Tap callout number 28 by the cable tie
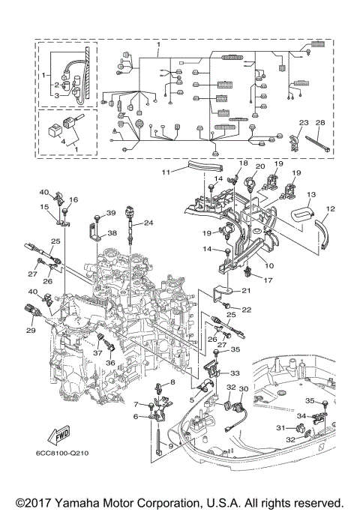tap(319, 122)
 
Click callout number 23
tap(304, 122)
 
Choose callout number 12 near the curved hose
tap(330, 208)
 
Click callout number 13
tap(310, 193)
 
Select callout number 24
tap(148, 223)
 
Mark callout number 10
tap(267, 265)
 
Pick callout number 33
tap(235, 373)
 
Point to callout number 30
tap(243, 389)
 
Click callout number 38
tap(111, 233)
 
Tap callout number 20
tap(260, 166)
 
